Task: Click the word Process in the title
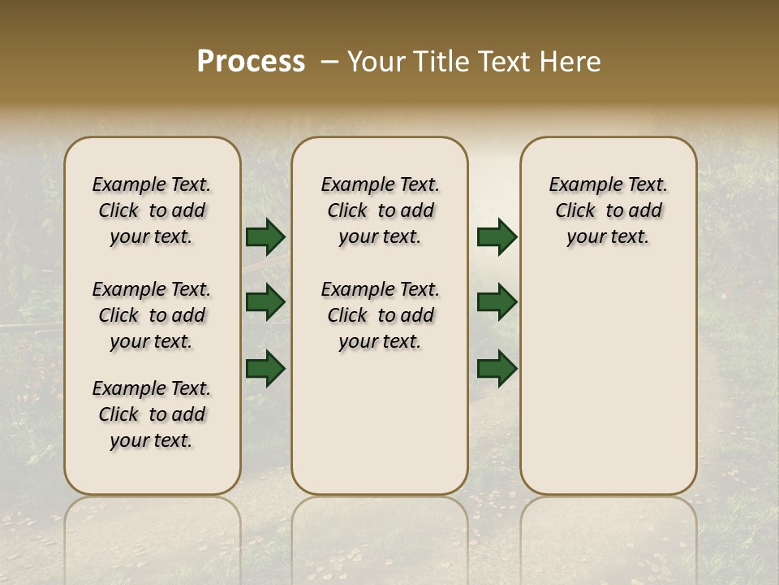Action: [251, 62]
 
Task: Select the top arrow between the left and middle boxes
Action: [265, 237]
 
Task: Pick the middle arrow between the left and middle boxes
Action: [265, 302]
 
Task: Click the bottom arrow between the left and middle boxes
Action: [265, 368]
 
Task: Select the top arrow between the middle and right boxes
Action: [497, 237]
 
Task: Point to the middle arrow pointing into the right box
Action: [497, 302]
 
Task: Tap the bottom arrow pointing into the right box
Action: [497, 368]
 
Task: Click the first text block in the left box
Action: [152, 210]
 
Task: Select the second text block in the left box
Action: [152, 315]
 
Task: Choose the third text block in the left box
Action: [152, 414]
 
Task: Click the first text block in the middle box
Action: [380, 210]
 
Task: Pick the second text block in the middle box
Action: [380, 315]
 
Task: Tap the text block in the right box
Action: [608, 210]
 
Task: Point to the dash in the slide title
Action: [329, 62]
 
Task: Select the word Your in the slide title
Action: [376, 62]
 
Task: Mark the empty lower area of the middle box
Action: [380, 422]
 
